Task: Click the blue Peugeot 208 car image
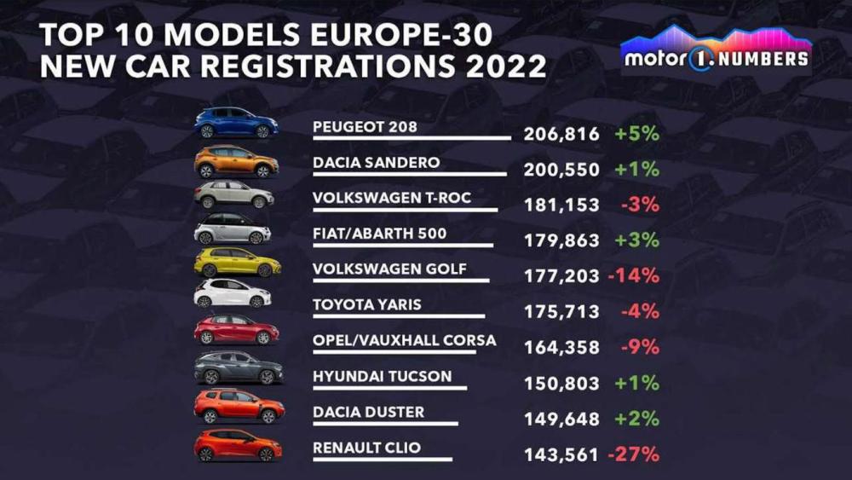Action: point(236,124)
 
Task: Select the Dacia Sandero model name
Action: point(376,163)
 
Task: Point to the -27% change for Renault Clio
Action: point(633,455)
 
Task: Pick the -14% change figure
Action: point(633,276)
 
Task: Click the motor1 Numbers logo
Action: point(715,51)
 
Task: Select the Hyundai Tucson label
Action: point(382,376)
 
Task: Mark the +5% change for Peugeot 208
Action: point(636,134)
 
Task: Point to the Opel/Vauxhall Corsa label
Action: point(404,340)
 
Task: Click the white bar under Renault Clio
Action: point(383,459)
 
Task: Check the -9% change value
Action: point(638,348)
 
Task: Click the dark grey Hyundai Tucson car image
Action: point(239,368)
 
